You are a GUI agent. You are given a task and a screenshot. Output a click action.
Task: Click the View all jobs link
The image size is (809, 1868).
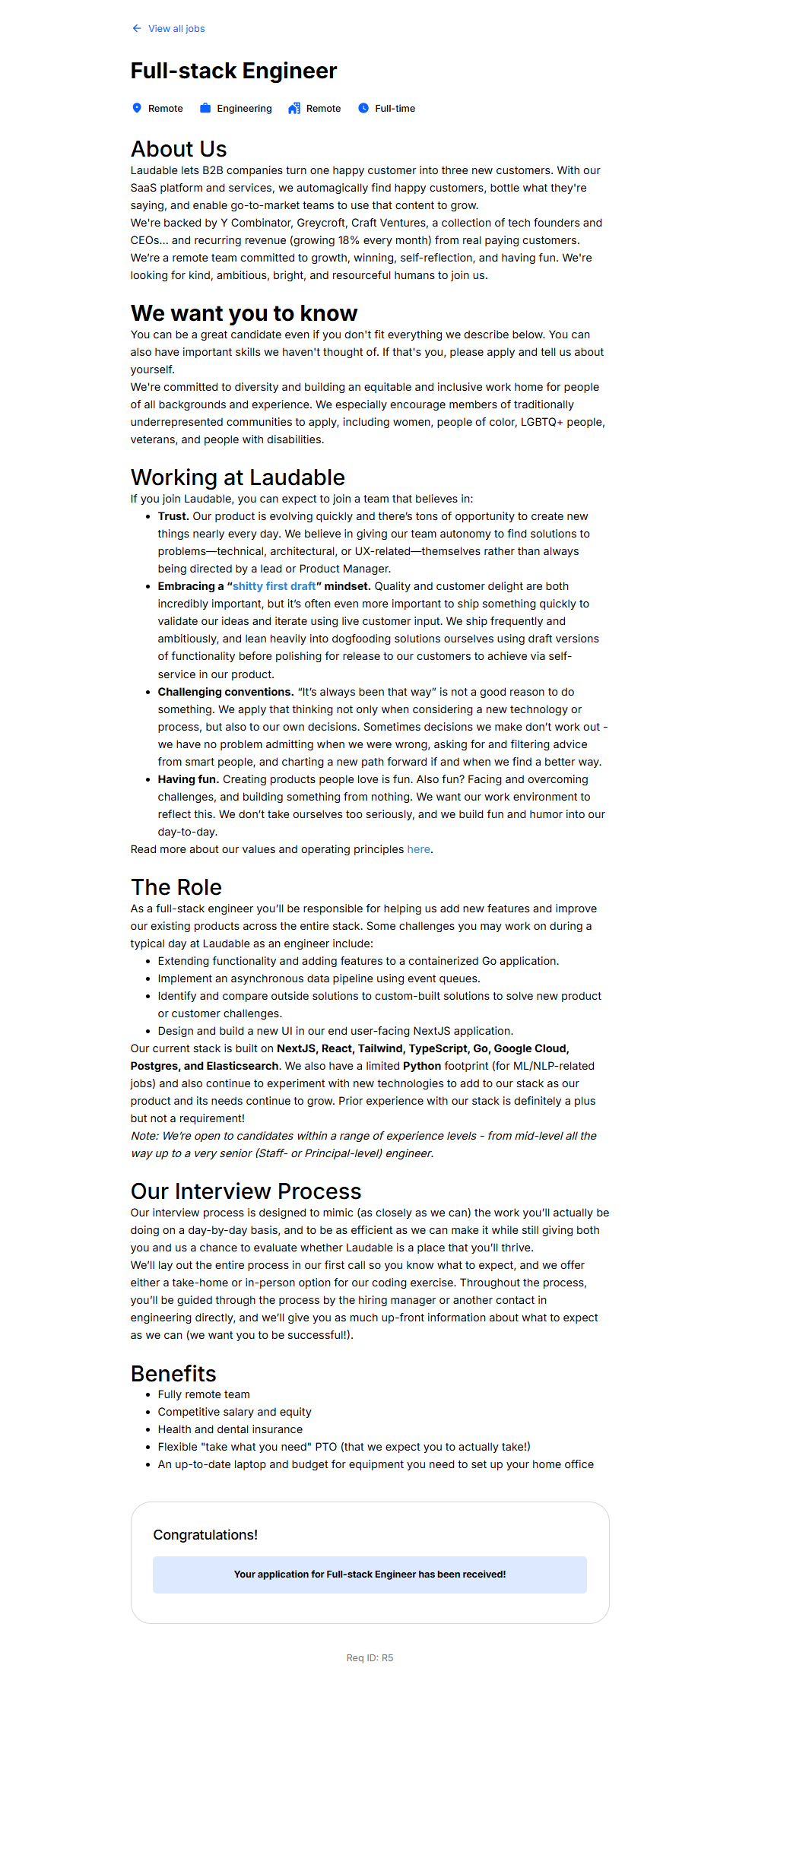176,29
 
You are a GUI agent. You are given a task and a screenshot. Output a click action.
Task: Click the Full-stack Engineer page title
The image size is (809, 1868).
233,71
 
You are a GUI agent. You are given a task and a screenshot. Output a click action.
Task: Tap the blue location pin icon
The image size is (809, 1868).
137,108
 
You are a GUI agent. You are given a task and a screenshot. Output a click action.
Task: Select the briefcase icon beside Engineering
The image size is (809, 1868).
205,108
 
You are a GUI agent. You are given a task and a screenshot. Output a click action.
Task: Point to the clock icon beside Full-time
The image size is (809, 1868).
363,108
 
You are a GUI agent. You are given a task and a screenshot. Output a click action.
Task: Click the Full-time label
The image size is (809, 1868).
395,109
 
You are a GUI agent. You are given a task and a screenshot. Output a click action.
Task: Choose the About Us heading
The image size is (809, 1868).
179,149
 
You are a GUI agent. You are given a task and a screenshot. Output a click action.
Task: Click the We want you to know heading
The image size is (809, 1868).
243,313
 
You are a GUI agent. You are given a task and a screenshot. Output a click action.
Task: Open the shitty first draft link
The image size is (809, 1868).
274,586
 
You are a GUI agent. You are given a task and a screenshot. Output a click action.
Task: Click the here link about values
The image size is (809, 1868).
418,849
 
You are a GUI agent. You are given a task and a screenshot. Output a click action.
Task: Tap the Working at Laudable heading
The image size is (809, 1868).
237,477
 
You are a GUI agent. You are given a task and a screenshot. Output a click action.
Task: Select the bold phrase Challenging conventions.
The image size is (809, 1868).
225,692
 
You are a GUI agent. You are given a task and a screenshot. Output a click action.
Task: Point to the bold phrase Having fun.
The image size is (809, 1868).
188,779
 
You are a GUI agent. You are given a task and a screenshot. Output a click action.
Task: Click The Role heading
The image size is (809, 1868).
176,887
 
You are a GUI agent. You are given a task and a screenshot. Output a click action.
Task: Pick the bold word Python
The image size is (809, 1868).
422,1066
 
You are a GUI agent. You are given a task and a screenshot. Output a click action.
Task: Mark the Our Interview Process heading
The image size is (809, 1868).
246,1191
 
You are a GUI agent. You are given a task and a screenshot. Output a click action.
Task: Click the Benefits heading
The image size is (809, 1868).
173,1374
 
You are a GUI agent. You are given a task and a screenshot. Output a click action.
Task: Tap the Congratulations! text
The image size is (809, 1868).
205,1535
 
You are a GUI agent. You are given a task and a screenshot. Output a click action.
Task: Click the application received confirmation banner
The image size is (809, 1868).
370,1575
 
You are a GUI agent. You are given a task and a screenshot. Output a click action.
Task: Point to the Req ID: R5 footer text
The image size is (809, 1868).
370,1658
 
